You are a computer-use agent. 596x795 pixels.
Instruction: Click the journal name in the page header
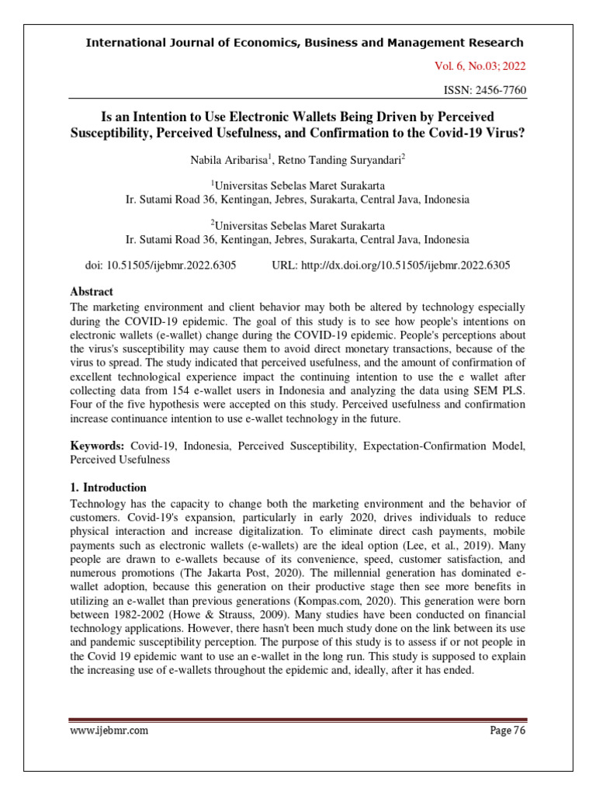point(304,43)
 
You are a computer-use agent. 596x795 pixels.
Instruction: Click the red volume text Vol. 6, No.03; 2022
point(480,66)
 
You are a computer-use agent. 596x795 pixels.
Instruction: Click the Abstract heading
point(92,292)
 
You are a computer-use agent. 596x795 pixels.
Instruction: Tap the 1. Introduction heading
point(109,488)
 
